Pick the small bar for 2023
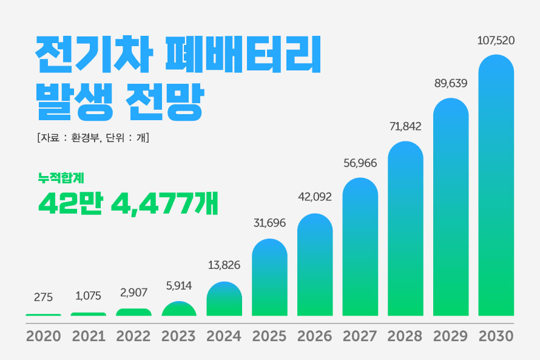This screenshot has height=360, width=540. [179, 309]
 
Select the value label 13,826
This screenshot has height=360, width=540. [224, 265]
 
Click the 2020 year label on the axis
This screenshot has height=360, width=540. [44, 336]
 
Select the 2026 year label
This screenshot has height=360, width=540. [315, 336]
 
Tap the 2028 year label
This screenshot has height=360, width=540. [405, 336]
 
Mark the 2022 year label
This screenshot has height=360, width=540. [133, 336]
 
